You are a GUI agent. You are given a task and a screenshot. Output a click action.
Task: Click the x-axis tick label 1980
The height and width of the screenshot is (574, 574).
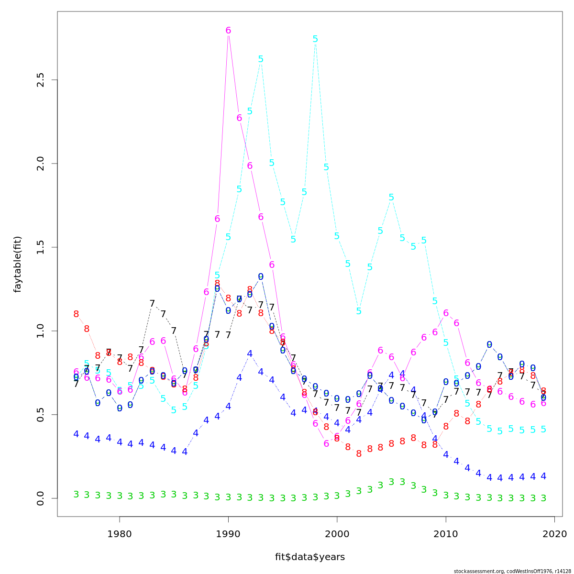pyautogui.click(x=120, y=533)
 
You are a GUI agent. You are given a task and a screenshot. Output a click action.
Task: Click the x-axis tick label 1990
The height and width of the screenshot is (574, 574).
pyautogui.click(x=228, y=533)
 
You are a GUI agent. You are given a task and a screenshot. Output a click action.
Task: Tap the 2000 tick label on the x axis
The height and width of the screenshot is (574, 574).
pyautogui.click(x=337, y=533)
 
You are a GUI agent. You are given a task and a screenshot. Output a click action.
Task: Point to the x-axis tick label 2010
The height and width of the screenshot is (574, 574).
pyautogui.click(x=446, y=533)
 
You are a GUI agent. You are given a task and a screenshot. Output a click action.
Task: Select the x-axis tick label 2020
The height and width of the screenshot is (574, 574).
pyautogui.click(x=554, y=533)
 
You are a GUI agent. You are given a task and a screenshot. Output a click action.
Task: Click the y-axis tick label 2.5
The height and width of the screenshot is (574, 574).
pyautogui.click(x=40, y=80)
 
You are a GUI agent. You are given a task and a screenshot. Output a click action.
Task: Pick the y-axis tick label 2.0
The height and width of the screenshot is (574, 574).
pyautogui.click(x=40, y=164)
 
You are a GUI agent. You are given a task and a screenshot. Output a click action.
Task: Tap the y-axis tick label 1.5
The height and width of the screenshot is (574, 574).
pyautogui.click(x=40, y=247)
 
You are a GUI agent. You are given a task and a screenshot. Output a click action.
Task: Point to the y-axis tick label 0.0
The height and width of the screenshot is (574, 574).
pyautogui.click(x=40, y=498)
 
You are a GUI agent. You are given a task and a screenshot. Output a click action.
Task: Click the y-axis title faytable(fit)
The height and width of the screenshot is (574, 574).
pyautogui.click(x=18, y=264)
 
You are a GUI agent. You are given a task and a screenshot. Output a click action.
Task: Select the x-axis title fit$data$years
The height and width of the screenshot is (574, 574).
pyautogui.click(x=310, y=557)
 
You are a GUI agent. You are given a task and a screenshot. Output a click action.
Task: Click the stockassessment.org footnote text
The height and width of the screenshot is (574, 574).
pyautogui.click(x=512, y=571)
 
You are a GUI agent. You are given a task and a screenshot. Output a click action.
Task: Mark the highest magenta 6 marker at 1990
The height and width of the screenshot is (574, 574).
pyautogui.click(x=228, y=31)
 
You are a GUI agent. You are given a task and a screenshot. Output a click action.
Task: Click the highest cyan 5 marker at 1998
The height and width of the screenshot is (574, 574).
pyautogui.click(x=315, y=39)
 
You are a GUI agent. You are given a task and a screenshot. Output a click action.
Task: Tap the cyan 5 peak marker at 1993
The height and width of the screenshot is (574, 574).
pyautogui.click(x=261, y=59)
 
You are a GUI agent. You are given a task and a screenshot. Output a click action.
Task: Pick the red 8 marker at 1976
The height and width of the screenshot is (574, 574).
pyautogui.click(x=76, y=314)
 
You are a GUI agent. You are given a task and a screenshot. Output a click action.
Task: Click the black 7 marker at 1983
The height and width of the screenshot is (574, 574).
pyautogui.click(x=152, y=304)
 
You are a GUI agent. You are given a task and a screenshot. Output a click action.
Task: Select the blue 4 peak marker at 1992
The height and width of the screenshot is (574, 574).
pyautogui.click(x=250, y=354)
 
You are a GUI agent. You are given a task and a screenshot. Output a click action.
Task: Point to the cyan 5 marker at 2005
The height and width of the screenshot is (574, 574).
pyautogui.click(x=391, y=198)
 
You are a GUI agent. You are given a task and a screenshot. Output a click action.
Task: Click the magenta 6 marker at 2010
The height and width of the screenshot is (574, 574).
pyautogui.click(x=446, y=313)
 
